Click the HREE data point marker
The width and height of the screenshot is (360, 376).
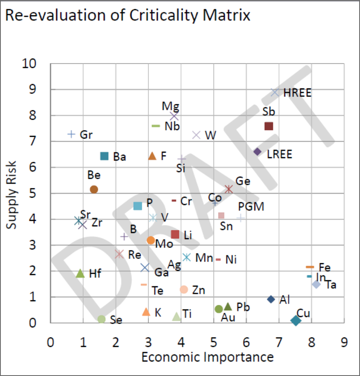275,92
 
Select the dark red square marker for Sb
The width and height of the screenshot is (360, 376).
269,126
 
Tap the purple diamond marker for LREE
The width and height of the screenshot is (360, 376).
258,152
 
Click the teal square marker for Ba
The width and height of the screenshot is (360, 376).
104,156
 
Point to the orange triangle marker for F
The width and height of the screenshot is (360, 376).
152,156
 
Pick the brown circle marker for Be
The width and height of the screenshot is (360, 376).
94,189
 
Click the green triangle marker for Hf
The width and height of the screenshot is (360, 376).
81,273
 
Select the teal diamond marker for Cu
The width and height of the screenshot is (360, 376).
296,320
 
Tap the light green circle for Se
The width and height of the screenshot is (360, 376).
102,319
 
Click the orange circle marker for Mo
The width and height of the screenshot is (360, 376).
151,240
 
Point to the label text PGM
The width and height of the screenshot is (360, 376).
251,207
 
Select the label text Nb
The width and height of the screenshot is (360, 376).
172,126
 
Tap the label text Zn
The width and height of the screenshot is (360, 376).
199,290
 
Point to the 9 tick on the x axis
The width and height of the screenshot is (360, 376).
344,342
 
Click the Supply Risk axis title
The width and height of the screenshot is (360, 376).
12,194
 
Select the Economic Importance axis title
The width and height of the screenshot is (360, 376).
208,357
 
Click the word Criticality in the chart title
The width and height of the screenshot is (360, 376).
155,15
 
